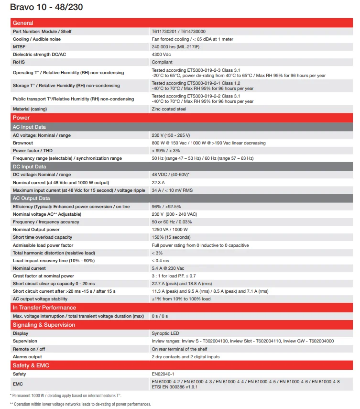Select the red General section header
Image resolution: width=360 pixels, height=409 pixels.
[23, 23]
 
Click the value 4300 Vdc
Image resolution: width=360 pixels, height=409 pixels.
[163, 55]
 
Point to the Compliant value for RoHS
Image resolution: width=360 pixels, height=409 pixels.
[162, 62]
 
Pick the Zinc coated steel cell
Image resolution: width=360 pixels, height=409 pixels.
[169, 109]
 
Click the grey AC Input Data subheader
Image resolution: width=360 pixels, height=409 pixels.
[29, 127]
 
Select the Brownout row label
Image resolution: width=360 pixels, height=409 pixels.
[23, 143]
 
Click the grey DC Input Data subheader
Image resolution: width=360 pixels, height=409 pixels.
[29, 166]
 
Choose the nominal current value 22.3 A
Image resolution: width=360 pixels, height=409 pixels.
[159, 183]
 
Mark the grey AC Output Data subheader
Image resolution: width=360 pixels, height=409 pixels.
[31, 198]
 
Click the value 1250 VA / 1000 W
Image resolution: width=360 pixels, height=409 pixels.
[170, 230]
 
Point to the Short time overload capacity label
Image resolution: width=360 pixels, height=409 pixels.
[43, 237]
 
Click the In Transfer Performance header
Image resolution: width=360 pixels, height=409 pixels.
[44, 308]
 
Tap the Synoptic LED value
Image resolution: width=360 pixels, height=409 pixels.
[165, 333]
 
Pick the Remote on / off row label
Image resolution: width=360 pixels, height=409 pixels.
[29, 349]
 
